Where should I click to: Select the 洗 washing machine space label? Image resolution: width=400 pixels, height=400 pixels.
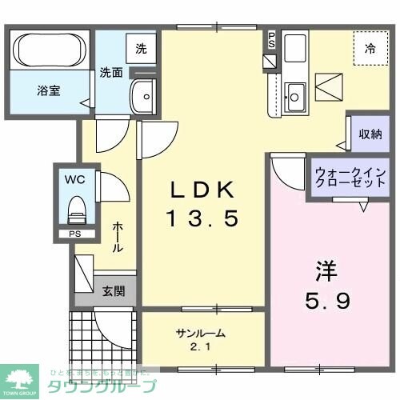pyautogui.click(x=141, y=48)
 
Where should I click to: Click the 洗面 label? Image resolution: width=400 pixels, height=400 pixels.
pyautogui.click(x=111, y=73)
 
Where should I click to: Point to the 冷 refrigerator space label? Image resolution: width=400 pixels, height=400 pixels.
pyautogui.click(x=370, y=49)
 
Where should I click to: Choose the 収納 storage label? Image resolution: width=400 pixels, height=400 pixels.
pyautogui.click(x=370, y=134)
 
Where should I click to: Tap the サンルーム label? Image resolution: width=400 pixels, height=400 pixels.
pyautogui.click(x=200, y=333)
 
